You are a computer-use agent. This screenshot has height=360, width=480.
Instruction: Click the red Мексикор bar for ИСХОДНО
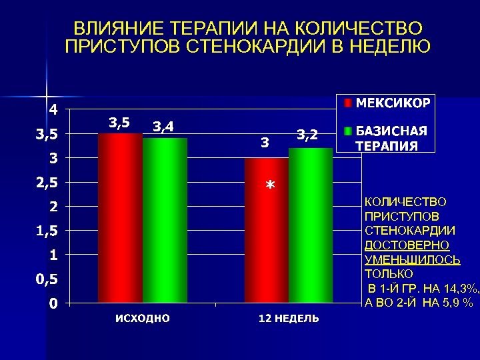point(120,218)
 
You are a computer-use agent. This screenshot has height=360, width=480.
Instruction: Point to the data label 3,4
point(164,126)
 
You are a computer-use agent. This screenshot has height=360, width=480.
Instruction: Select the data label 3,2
point(307,135)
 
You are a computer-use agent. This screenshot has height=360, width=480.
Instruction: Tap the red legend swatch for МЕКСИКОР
point(348,103)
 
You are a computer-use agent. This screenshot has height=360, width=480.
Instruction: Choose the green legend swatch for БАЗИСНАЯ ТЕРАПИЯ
point(348,131)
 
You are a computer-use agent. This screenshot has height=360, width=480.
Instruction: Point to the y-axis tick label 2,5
point(47,182)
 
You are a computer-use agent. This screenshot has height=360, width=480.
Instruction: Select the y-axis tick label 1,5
point(47,231)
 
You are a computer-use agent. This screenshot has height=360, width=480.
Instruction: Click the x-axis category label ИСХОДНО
point(142,318)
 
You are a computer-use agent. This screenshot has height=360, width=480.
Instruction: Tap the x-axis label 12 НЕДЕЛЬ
point(289,318)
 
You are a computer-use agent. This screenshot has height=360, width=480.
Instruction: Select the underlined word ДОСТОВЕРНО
point(407,245)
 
